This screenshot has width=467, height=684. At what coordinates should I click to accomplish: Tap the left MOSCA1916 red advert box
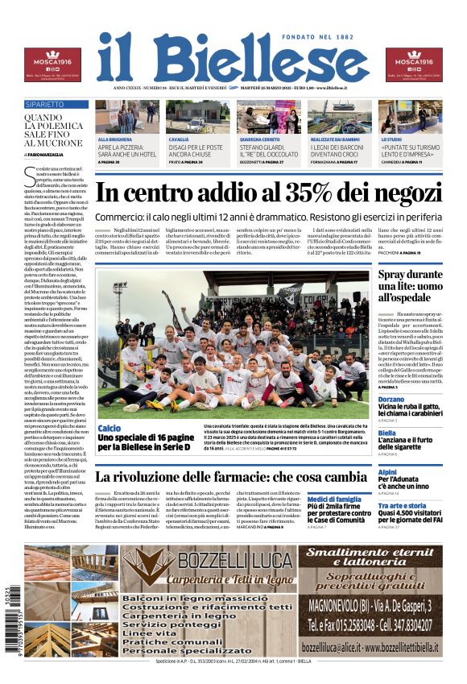click(x=52, y=64)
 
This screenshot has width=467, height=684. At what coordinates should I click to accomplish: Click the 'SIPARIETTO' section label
click(x=45, y=105)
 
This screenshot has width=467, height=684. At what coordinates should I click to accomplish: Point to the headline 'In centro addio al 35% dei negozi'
click(x=269, y=194)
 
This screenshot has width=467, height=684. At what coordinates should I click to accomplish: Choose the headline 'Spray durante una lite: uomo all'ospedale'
click(x=410, y=285)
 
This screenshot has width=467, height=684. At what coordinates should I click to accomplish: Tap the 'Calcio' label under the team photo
click(x=109, y=428)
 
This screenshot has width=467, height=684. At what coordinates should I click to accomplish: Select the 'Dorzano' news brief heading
click(x=391, y=400)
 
